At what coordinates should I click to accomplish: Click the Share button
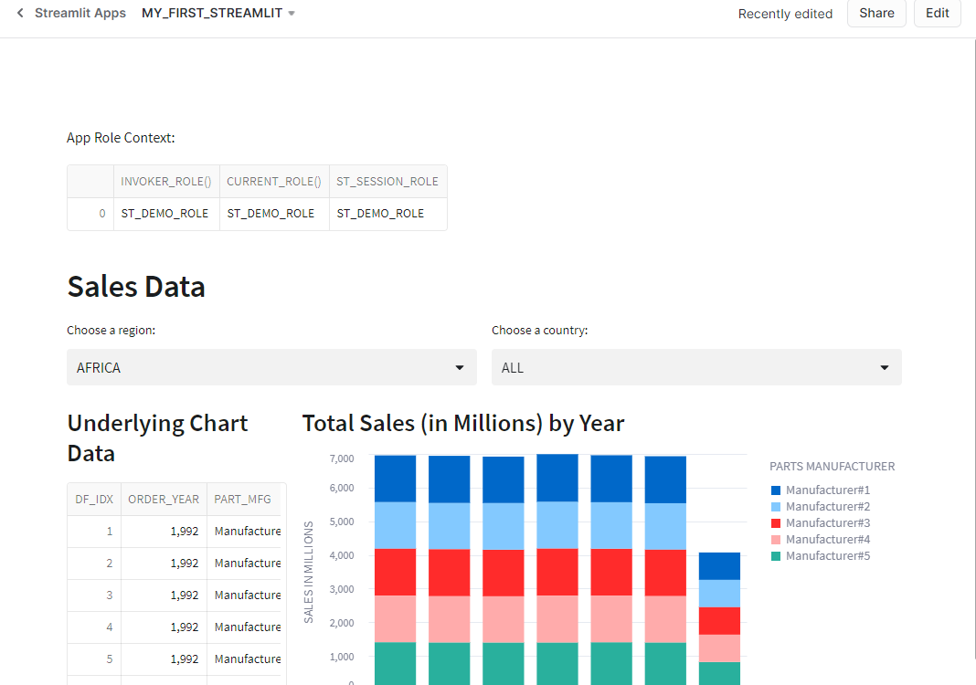click(x=876, y=14)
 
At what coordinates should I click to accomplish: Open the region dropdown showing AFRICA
click(x=271, y=367)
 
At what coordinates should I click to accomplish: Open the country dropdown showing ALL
click(x=696, y=367)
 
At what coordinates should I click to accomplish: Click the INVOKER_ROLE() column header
click(x=166, y=182)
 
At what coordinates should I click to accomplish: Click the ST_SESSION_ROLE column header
click(x=387, y=182)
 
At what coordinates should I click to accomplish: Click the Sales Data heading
click(x=136, y=287)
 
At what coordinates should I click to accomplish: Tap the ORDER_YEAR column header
click(x=164, y=500)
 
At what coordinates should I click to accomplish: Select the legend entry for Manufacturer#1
click(x=827, y=490)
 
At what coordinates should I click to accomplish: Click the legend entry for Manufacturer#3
click(x=827, y=523)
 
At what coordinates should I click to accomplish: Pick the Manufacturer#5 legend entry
click(x=827, y=556)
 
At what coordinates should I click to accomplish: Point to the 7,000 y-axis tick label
click(x=340, y=458)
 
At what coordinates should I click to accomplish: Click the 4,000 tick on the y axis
click(x=340, y=555)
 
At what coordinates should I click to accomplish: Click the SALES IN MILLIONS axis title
click(x=309, y=572)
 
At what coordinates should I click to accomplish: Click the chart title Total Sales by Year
click(x=463, y=424)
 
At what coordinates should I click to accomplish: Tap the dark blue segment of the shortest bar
click(x=719, y=566)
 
